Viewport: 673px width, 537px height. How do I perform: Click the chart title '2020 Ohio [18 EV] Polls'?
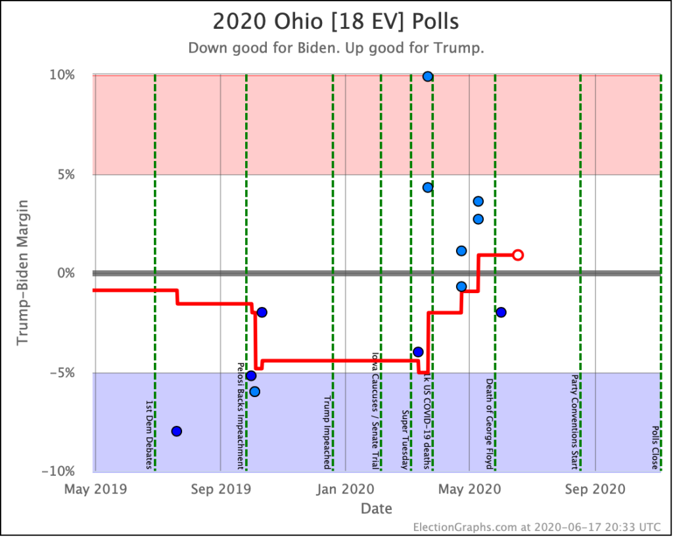click(336, 21)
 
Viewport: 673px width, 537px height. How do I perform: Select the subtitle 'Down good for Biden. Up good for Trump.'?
click(336, 49)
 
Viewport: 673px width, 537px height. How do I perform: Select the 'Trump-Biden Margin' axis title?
click(24, 273)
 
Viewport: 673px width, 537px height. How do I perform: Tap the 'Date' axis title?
click(377, 508)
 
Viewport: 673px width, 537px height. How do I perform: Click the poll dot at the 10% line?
click(427, 76)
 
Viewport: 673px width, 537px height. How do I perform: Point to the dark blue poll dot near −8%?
click(176, 431)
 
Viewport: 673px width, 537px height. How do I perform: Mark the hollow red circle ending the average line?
click(518, 254)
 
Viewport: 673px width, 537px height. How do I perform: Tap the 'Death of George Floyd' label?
click(489, 423)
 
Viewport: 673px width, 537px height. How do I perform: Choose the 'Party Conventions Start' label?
click(574, 422)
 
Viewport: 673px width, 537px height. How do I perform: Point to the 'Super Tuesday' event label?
click(406, 440)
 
